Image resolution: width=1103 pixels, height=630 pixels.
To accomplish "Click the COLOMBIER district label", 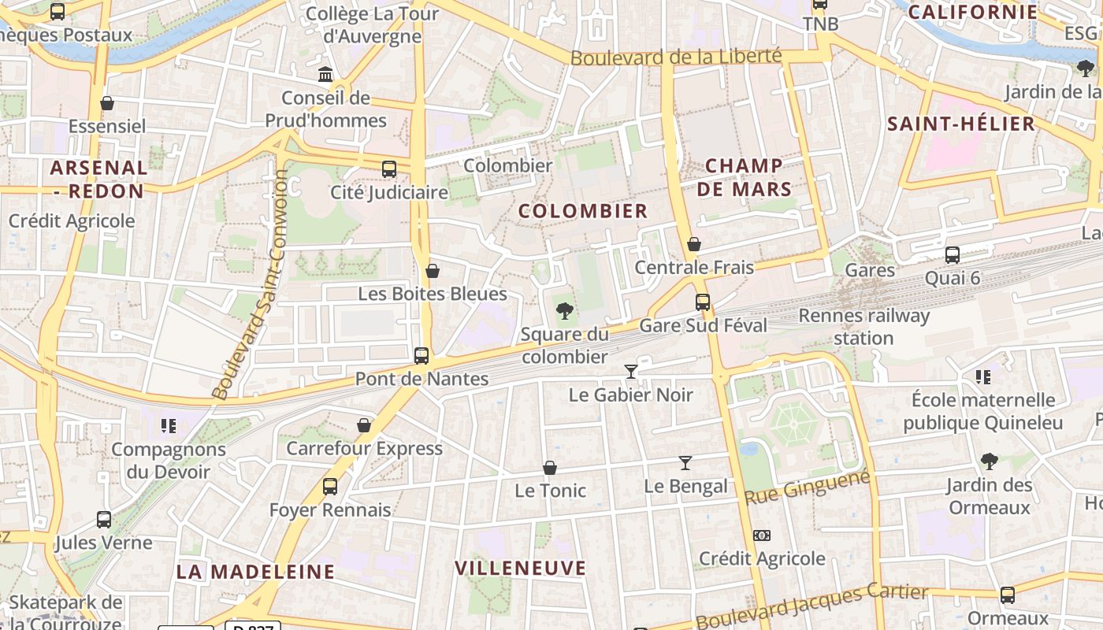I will click(x=583, y=211).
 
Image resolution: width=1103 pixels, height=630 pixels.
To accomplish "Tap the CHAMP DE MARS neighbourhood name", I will click(x=745, y=177).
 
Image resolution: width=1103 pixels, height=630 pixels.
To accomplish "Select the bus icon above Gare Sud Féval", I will click(x=702, y=302).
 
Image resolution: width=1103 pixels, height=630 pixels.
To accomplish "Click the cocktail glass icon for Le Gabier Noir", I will click(x=630, y=371).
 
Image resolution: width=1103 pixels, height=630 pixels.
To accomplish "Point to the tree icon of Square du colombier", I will click(x=564, y=311).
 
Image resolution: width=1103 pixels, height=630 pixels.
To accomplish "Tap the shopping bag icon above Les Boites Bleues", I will click(x=433, y=272).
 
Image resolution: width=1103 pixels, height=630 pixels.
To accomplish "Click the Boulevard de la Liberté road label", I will click(x=676, y=57).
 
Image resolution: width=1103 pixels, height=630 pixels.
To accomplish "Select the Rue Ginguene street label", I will click(x=808, y=487).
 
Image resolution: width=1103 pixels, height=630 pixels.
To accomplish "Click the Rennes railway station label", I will click(x=864, y=327).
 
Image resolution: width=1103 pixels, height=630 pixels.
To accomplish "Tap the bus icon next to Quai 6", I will click(x=952, y=254).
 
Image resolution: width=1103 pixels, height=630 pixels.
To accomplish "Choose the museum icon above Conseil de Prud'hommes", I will click(x=325, y=75).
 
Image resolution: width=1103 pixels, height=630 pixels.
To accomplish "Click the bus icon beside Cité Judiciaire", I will click(x=389, y=169).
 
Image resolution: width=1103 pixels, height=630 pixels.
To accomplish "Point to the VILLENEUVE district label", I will click(x=521, y=568).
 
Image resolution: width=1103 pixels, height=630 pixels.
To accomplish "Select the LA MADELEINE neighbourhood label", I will click(x=255, y=572).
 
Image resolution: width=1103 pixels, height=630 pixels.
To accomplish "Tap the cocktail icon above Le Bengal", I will click(x=685, y=463).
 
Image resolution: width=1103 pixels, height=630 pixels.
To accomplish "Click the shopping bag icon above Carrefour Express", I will click(x=364, y=425).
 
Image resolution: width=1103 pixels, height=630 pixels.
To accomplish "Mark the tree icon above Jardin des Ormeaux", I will click(x=989, y=461).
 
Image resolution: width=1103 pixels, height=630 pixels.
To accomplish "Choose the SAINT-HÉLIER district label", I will click(x=961, y=124).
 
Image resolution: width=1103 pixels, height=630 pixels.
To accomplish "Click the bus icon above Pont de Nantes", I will click(x=422, y=355).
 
